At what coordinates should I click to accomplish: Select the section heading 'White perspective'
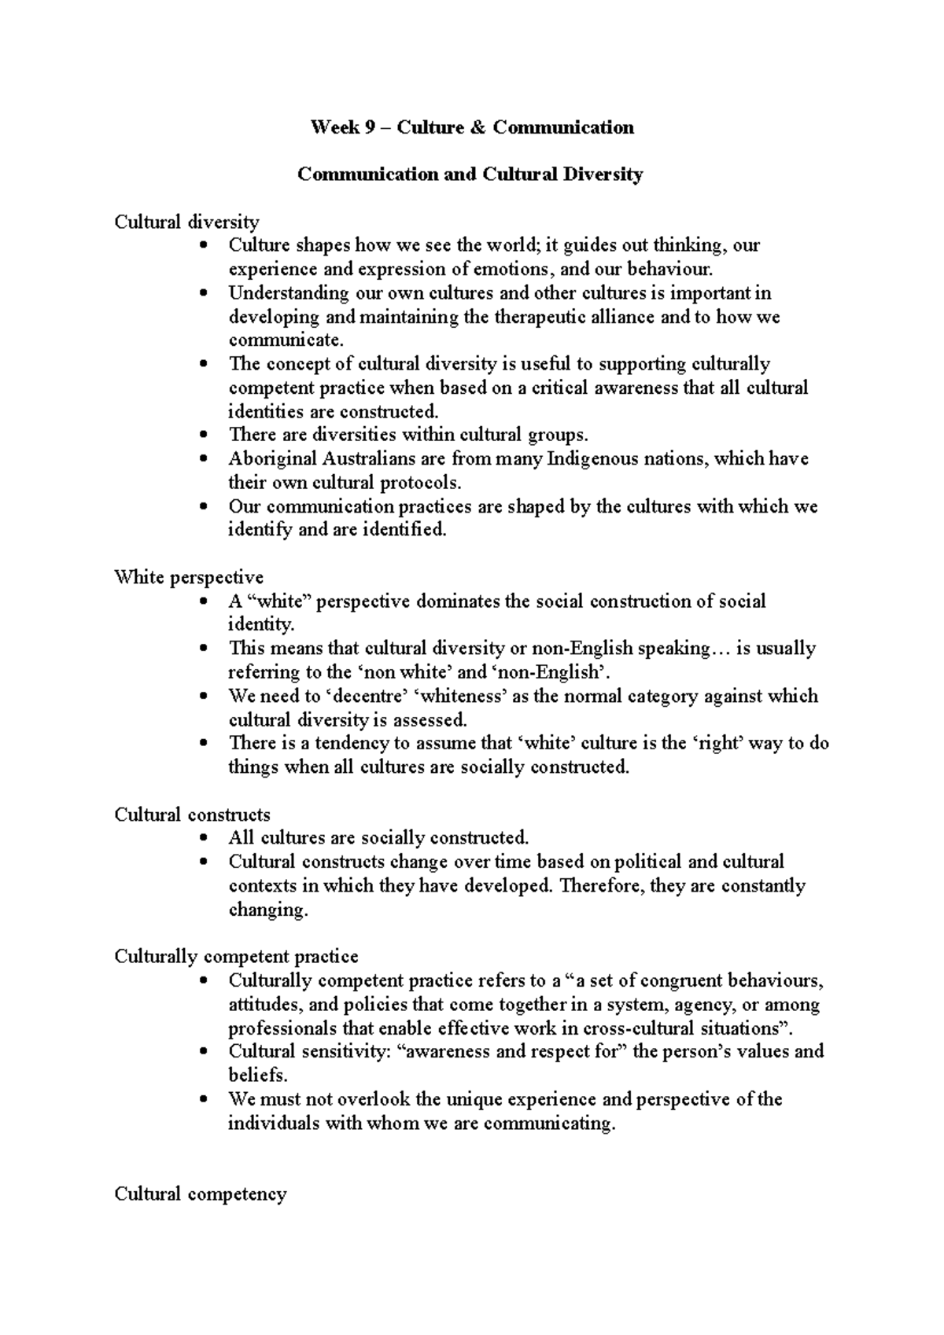(189, 577)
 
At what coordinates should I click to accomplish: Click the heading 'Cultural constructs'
(192, 815)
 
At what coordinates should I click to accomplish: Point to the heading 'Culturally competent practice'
(236, 957)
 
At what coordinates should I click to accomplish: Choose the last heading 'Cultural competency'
(201, 1194)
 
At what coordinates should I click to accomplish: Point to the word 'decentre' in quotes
(367, 696)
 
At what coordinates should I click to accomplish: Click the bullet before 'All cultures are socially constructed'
(204, 838)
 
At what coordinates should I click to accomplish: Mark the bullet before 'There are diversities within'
(204, 435)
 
